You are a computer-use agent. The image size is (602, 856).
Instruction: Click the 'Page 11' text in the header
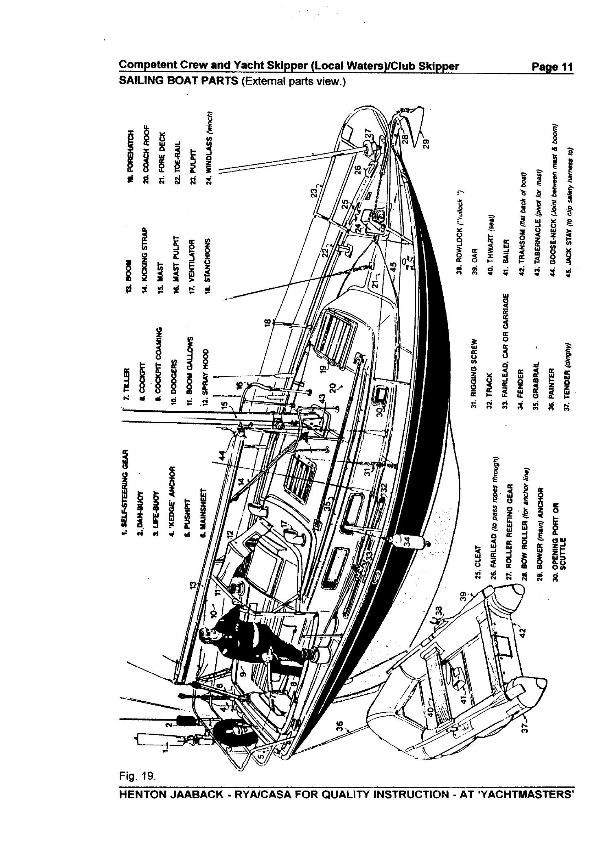tap(552, 67)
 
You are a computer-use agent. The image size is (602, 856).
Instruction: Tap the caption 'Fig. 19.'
tap(137, 799)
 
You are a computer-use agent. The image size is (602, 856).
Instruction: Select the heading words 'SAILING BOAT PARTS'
tap(178, 81)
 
